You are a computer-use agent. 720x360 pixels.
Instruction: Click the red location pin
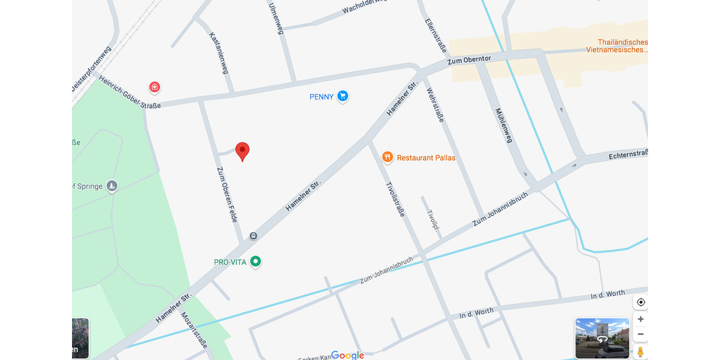click(x=242, y=151)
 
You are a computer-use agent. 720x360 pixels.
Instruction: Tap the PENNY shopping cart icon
click(x=343, y=96)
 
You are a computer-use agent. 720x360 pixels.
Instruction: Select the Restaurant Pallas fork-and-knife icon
click(x=388, y=157)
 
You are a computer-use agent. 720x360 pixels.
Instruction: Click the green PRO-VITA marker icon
click(x=256, y=262)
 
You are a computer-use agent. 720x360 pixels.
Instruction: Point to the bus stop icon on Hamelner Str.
click(x=253, y=236)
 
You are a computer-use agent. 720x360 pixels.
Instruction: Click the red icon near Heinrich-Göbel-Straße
click(x=155, y=88)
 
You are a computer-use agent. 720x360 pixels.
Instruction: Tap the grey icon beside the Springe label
click(x=112, y=186)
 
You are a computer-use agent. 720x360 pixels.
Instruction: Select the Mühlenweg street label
click(x=504, y=125)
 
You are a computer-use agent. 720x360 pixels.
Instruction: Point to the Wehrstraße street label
click(x=435, y=106)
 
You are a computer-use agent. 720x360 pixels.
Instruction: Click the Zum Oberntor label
click(x=469, y=61)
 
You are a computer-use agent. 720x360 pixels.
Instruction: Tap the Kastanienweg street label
click(x=219, y=53)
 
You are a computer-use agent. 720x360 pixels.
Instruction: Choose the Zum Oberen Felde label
click(x=227, y=194)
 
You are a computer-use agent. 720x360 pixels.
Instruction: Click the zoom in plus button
click(x=641, y=319)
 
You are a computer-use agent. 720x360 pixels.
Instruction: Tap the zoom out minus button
click(x=641, y=334)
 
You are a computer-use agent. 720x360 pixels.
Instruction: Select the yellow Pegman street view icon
click(x=641, y=352)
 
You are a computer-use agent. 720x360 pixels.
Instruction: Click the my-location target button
click(x=641, y=302)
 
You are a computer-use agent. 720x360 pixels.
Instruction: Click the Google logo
click(x=347, y=355)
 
